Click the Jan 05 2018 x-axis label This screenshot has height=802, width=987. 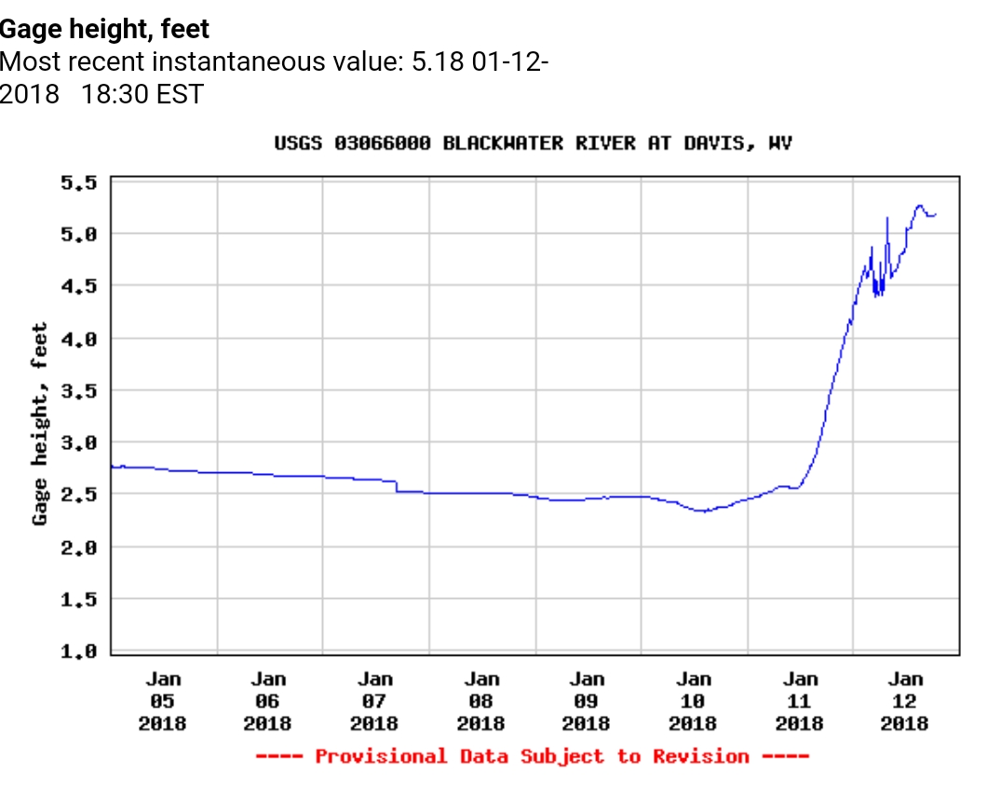163,701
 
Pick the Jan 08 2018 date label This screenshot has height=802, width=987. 481,701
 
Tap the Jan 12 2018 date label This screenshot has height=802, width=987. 905,701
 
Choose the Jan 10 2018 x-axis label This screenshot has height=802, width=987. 694,701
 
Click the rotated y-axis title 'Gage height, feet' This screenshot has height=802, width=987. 40,424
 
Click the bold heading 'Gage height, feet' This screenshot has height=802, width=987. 104,29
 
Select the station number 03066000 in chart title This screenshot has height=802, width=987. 383,143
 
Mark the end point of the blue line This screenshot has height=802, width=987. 936,214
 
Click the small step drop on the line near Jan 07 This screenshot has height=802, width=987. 397,485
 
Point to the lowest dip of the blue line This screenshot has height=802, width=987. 705,510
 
